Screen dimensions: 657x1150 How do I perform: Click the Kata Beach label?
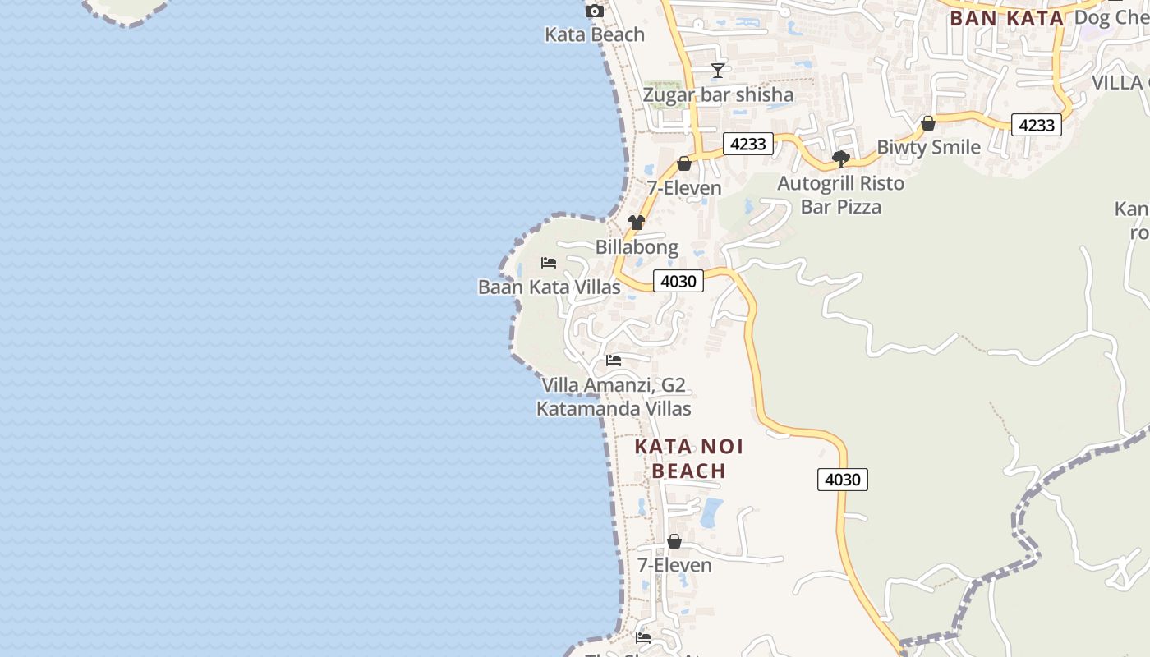point(595,34)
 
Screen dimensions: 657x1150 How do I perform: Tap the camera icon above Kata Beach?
point(594,11)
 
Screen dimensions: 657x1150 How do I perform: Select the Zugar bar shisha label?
point(718,94)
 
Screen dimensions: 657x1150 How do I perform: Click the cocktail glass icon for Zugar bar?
point(718,70)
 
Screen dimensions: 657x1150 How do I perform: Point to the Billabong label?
point(637,246)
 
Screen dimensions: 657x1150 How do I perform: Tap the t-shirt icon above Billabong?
point(637,222)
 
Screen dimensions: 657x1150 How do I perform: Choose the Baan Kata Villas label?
point(549,287)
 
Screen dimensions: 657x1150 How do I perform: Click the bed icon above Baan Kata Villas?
point(549,263)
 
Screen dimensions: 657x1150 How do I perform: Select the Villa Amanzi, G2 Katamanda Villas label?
point(614,397)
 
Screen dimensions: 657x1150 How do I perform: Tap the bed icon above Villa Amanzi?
point(614,360)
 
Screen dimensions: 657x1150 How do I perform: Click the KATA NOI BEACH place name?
point(688,458)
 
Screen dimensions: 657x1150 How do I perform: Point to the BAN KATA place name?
point(1006,18)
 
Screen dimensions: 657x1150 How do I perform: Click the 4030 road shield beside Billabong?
point(678,281)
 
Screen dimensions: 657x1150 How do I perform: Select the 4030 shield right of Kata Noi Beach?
point(843,479)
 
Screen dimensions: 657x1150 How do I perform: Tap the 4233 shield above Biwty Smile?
point(1036,125)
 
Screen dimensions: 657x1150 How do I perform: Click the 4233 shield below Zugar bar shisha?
point(747,144)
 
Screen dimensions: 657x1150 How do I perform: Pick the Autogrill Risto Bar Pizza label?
point(840,195)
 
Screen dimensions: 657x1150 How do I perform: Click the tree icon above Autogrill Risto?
point(840,159)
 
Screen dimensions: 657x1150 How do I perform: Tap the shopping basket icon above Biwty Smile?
point(928,123)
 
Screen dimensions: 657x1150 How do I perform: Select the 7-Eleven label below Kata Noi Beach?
point(674,565)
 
